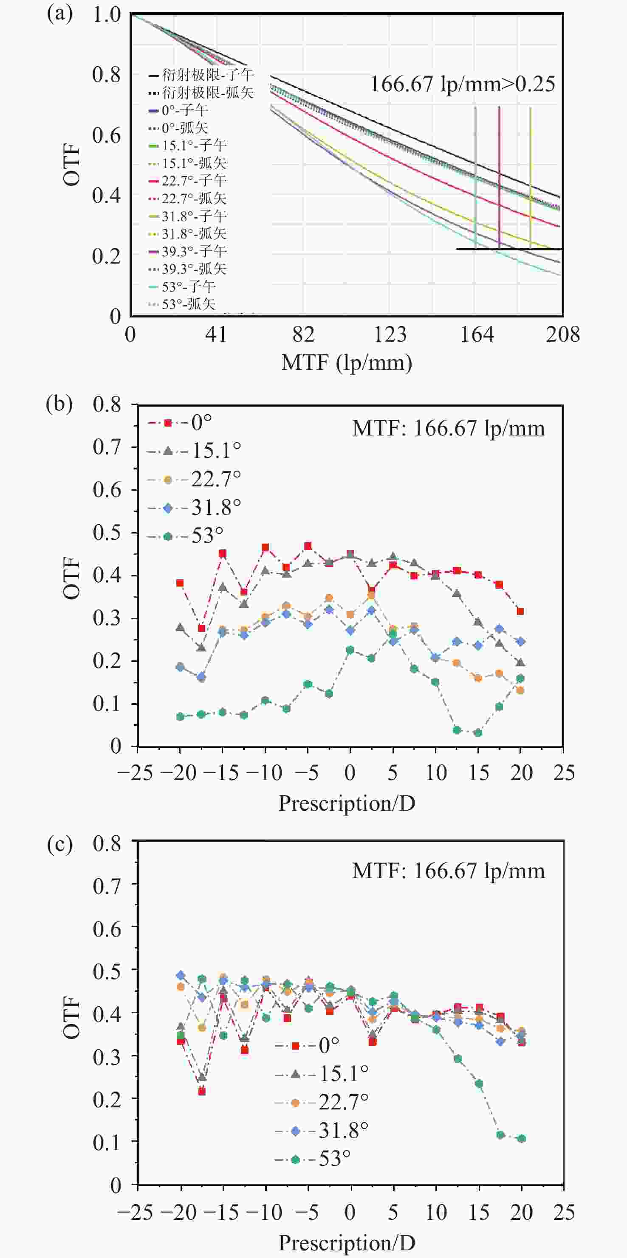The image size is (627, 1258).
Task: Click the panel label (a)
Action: (x=59, y=14)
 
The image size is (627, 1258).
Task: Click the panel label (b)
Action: (x=59, y=404)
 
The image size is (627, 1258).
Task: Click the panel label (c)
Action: (x=59, y=844)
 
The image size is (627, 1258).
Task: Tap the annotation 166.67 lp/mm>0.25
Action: (x=462, y=84)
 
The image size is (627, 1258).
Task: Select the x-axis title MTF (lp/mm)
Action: (x=347, y=363)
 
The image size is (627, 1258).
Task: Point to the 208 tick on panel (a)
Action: (x=563, y=334)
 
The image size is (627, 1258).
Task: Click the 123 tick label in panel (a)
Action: (x=390, y=334)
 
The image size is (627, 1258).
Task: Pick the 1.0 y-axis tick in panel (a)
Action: (x=107, y=15)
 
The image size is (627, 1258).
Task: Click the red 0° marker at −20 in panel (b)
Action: (x=180, y=583)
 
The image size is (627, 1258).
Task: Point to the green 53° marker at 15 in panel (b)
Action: (x=478, y=733)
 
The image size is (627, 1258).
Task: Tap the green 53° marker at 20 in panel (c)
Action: (x=522, y=1139)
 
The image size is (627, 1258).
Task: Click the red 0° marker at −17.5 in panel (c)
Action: (x=202, y=1092)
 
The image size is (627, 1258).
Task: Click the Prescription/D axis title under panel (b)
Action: (x=347, y=803)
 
